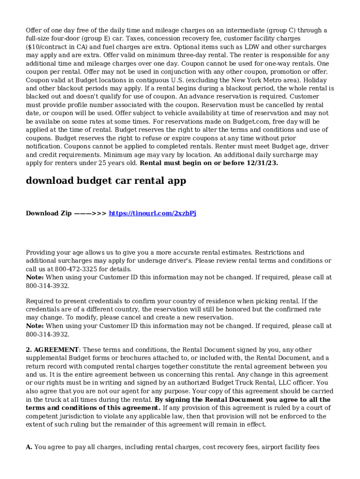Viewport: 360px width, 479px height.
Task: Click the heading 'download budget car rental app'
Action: tap(106, 181)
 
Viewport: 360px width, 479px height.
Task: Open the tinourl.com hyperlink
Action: tap(152, 213)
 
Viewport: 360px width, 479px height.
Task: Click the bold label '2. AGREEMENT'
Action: tap(52, 350)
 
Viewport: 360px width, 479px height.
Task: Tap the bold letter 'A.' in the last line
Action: tap(29, 447)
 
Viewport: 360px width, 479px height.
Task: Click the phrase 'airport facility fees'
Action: tap(290, 447)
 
